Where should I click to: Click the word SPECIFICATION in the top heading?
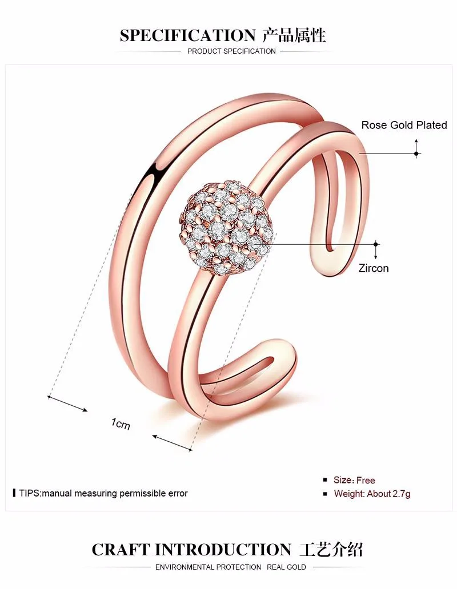coord(187,35)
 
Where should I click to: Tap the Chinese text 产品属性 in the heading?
coord(294,35)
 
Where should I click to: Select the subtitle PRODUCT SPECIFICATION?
coord(231,51)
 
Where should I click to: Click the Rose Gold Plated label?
coord(404,125)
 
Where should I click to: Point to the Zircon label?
coord(374,268)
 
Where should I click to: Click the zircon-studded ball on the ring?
coord(227,231)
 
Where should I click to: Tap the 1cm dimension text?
coord(121,423)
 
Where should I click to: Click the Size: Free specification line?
coord(354,480)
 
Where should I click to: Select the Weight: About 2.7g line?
coord(372,494)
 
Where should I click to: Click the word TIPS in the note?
coord(29,493)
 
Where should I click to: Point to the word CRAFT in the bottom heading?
coord(121,550)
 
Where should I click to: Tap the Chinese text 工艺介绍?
coord(331,550)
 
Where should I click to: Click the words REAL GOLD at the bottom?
coord(286,567)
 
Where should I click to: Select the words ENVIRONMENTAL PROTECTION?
coord(208,567)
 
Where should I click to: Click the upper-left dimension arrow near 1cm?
coord(67,403)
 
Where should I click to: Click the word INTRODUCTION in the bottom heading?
coord(223,550)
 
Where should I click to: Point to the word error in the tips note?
coord(176,493)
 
